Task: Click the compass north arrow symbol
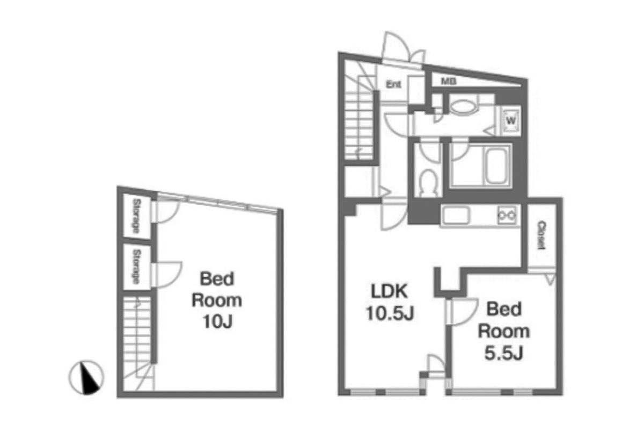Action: (86, 377)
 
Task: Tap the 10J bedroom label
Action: (217, 300)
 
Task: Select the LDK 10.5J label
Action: (390, 302)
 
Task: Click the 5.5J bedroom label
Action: (504, 331)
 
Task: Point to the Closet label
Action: (541, 235)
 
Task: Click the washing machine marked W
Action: (510, 120)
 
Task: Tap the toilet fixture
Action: (428, 182)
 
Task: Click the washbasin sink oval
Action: (463, 107)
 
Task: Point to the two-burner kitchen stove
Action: (507, 215)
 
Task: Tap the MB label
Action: (449, 82)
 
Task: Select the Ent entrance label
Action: (393, 84)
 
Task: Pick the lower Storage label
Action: (136, 267)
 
